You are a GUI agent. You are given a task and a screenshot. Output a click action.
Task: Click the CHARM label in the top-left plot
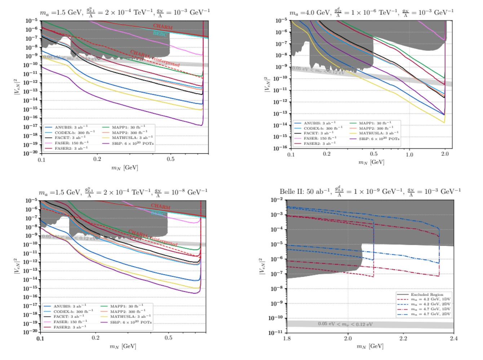(x=163, y=26)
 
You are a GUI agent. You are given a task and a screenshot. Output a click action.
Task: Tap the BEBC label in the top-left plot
(x=160, y=34)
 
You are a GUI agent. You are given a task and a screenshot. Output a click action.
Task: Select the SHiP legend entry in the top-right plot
(x=379, y=139)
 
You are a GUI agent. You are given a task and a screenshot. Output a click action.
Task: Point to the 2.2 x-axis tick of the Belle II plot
(x=403, y=338)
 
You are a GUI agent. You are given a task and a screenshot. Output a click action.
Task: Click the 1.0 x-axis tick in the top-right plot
(x=409, y=154)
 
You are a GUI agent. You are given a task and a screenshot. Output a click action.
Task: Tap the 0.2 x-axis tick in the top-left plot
(x=97, y=159)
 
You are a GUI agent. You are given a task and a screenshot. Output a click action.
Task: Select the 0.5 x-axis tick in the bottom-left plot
(x=168, y=338)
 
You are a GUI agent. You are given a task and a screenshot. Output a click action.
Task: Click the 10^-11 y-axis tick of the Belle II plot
(x=278, y=333)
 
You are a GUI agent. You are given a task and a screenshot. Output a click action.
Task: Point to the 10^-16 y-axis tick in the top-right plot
(x=281, y=148)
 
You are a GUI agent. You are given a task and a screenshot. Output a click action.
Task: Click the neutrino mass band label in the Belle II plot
(x=345, y=324)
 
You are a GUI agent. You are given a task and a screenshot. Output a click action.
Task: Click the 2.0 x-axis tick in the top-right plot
(x=445, y=154)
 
